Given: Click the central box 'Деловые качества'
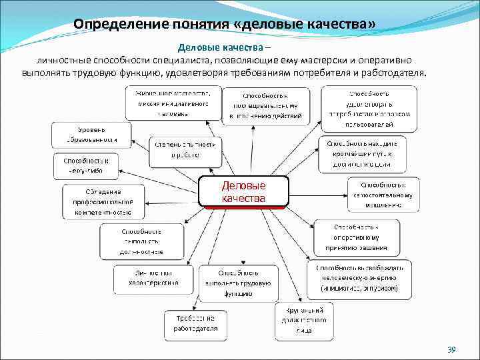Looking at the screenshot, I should pos(244,191).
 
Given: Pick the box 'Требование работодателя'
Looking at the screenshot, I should pos(196,323).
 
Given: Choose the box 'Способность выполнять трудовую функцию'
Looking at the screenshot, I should pos(238,282).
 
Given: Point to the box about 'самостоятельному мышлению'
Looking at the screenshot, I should pos(382,194).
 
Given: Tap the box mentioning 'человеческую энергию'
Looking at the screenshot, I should pos(359,277).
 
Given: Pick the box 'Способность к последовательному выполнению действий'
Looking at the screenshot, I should pos(266,106).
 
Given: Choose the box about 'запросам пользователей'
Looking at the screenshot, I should pos(369,109).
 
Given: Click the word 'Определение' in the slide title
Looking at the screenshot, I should pos(111,24).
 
